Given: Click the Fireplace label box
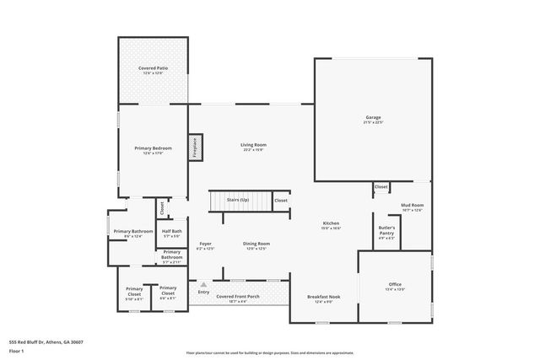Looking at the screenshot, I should tap(195, 148).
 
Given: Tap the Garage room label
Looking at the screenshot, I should tap(373, 117).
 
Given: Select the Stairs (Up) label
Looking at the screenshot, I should tap(239, 200).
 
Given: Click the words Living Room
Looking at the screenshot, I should tap(253, 146).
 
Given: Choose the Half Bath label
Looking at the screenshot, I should tap(171, 231).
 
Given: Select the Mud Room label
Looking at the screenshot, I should tap(412, 205).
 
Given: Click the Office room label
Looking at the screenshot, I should tap(395, 284).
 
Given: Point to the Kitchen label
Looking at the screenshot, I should tap(331, 223).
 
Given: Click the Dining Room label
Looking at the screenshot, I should tap(256, 244).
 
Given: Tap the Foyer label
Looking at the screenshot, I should tap(205, 244).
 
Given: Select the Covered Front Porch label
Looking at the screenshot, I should tap(237, 297).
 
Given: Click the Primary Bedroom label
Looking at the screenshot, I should tap(153, 148).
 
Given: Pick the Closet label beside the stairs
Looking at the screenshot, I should tap(280, 200).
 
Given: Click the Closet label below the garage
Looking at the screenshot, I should tap(381, 186).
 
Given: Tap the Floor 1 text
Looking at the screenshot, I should tap(17, 349).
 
